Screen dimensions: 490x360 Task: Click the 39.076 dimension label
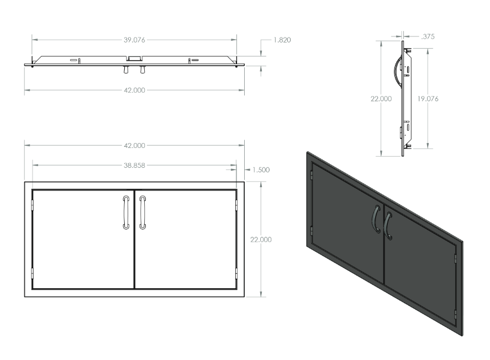134,40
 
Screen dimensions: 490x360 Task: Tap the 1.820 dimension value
282,40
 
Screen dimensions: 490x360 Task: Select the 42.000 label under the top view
134,90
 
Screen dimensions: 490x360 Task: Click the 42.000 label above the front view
134,146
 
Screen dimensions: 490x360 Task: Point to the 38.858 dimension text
134,166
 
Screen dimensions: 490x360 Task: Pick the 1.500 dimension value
261,170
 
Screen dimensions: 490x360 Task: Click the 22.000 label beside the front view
261,240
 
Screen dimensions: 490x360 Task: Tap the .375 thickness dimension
428,36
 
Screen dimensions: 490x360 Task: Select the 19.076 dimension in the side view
428,99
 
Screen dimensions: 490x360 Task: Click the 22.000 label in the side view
381,99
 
